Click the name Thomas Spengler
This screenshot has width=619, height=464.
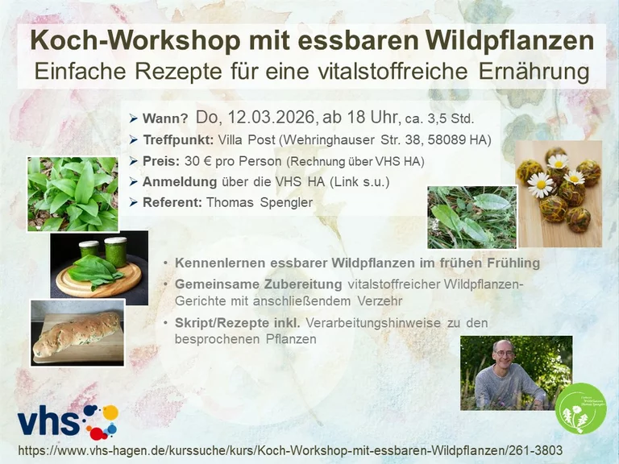coord(260,202)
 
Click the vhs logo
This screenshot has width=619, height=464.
coord(68,422)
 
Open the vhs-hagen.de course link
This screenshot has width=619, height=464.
coord(290,450)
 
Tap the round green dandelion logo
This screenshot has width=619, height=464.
coord(580,408)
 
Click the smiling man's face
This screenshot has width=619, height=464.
coord(504,354)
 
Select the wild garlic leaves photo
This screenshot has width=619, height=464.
coord(73,193)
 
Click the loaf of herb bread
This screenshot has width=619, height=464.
coord(77,333)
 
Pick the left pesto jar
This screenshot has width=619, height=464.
coord(89,250)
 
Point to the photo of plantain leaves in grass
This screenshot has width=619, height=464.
coord(472,217)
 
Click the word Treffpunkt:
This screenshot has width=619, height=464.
coord(178,140)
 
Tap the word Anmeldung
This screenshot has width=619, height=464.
coord(180,182)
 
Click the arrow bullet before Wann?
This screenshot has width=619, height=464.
coord(133,118)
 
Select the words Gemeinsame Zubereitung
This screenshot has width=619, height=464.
coord(258,284)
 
